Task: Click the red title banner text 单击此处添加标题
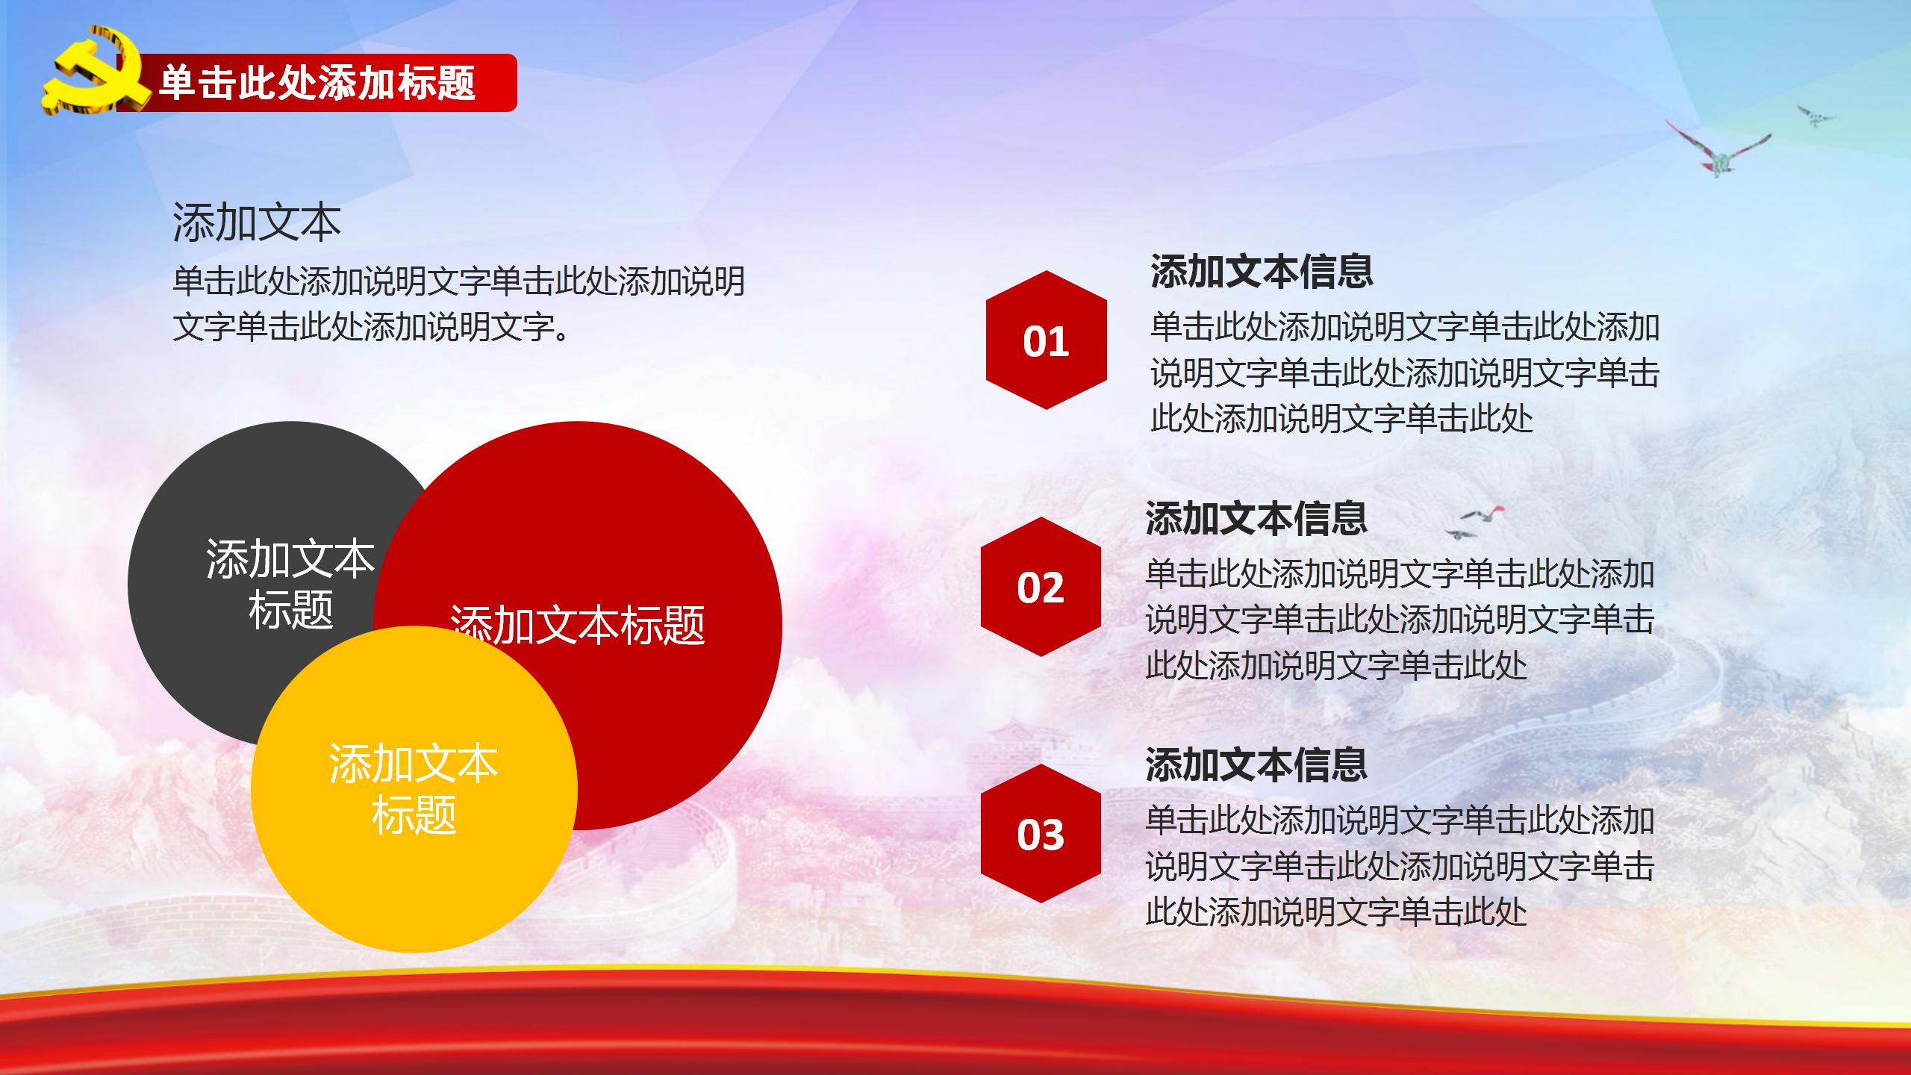point(317,82)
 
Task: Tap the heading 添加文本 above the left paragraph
point(256,222)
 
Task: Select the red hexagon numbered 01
point(1046,340)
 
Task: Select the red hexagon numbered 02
point(1040,587)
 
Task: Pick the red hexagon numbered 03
point(1040,833)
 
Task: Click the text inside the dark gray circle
point(290,584)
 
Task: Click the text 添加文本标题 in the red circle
point(578,624)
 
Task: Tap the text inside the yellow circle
point(413,788)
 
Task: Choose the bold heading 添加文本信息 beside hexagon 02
point(1256,517)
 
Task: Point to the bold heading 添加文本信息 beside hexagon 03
point(1256,764)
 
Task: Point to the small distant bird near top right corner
point(1815,116)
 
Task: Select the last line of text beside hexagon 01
point(1341,418)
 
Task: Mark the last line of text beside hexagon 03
point(1336,912)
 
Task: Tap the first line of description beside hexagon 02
point(1400,573)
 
